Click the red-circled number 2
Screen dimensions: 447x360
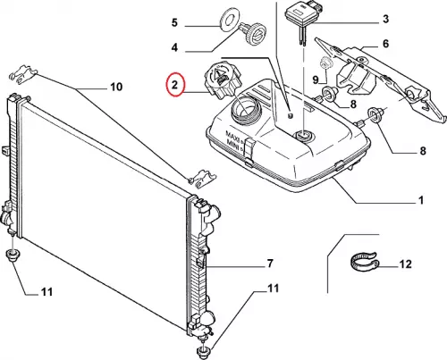(x=174, y=85)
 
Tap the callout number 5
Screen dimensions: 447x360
(x=174, y=22)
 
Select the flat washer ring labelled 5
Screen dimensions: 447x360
(x=228, y=21)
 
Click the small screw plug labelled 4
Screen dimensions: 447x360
(x=252, y=33)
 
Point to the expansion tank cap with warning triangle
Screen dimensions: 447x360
(x=219, y=80)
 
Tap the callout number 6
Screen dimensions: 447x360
(x=386, y=44)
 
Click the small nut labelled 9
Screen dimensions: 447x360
(x=325, y=63)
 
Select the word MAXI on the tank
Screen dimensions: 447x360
(x=232, y=134)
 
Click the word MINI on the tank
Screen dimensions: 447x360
(x=233, y=144)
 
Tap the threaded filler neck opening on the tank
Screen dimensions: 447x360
(x=247, y=111)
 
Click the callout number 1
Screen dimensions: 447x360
(x=421, y=200)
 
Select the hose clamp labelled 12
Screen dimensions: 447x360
(x=364, y=263)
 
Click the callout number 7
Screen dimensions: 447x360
(x=269, y=264)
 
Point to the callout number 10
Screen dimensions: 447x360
(x=116, y=87)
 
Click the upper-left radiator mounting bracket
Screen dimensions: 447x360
(x=22, y=73)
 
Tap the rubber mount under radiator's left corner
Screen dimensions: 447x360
(x=13, y=255)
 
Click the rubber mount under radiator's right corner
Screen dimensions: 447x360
(x=205, y=353)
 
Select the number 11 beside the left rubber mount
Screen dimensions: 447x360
(x=46, y=292)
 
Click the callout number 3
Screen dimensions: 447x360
(x=386, y=19)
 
